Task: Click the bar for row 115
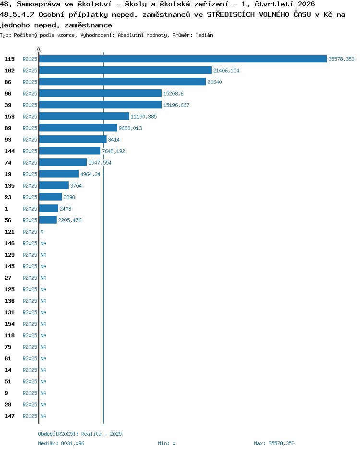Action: (x=183, y=59)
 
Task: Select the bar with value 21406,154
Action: (x=125, y=71)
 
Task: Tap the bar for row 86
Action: (x=122, y=82)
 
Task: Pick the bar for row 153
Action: (x=84, y=117)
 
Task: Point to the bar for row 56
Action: (x=48, y=220)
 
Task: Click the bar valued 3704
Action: (x=54, y=186)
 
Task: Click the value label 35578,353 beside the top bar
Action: (x=342, y=59)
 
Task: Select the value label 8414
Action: (x=114, y=140)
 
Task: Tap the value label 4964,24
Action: (x=90, y=174)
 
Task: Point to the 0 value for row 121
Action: (x=42, y=232)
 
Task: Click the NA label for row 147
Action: (x=43, y=416)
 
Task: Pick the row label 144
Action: (x=10, y=151)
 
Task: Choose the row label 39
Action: (x=8, y=105)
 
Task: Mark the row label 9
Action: (x=6, y=393)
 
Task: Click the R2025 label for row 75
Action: (x=30, y=347)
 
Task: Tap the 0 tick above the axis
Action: (x=39, y=49)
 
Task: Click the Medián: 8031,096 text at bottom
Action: (x=61, y=443)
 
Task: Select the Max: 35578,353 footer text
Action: (x=275, y=443)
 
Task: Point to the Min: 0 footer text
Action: (x=167, y=443)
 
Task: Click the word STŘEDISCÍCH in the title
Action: (x=231, y=14)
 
